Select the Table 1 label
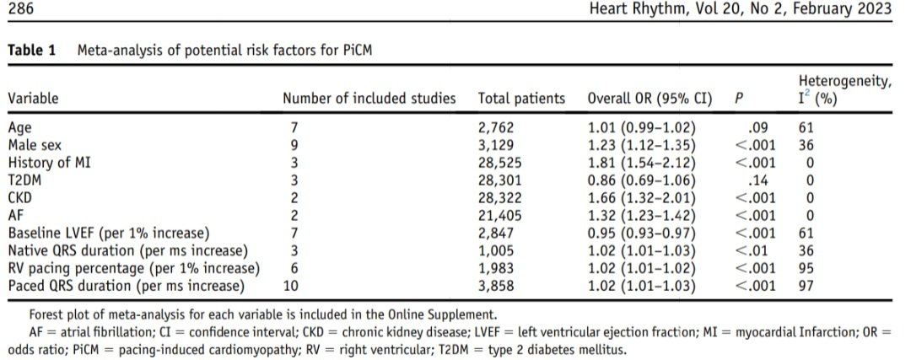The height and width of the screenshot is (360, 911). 32,51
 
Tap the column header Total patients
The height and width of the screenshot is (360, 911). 521,99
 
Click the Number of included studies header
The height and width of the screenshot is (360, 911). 369,99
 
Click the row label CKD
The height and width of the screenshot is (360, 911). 21,188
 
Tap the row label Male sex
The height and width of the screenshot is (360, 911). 35,142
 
